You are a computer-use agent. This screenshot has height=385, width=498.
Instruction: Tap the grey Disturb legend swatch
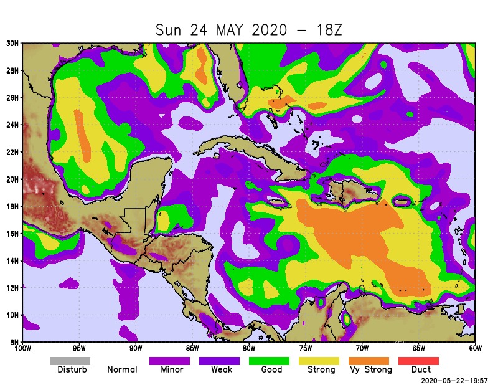coord(70,361)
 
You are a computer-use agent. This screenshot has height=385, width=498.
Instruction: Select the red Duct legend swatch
coord(418,361)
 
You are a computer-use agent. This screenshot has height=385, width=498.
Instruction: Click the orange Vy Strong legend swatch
coord(369,361)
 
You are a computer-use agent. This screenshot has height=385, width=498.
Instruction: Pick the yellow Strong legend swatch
coord(319,361)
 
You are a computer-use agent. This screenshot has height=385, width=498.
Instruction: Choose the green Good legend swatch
coord(269,361)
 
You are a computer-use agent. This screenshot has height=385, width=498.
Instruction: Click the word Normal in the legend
coord(122,369)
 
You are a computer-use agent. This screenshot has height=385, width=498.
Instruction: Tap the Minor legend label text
coord(172,369)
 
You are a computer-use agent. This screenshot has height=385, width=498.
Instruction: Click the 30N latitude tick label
coord(12,43)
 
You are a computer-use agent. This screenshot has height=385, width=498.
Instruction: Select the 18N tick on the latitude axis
coord(12,206)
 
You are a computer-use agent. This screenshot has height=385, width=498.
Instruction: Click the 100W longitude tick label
coord(23,348)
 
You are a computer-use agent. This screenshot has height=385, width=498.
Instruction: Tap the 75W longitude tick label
coord(306,348)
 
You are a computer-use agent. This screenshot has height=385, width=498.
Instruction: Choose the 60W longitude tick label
coord(476,348)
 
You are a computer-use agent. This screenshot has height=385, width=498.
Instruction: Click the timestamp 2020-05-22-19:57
coord(446,379)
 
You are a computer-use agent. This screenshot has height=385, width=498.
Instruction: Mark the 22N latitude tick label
coord(12,152)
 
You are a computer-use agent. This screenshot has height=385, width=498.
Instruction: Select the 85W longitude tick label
coord(192,348)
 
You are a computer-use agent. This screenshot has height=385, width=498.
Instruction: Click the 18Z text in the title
coord(327,30)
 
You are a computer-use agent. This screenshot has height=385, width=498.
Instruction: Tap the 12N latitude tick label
coord(12,288)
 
